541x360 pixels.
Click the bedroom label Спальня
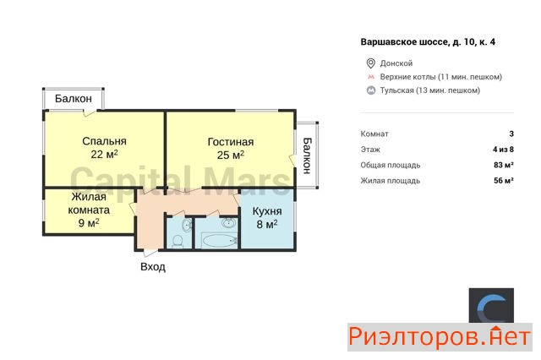click(x=104, y=141)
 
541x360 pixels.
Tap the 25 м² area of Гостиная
click(x=231, y=155)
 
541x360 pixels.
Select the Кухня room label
click(x=267, y=211)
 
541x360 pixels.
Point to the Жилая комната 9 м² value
click(x=89, y=223)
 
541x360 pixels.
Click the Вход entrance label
click(x=153, y=266)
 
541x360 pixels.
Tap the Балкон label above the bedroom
click(x=74, y=99)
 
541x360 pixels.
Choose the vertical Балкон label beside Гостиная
click(x=307, y=155)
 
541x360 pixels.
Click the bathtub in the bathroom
click(x=218, y=240)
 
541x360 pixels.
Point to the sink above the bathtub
click(x=228, y=223)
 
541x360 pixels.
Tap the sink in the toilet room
click(x=187, y=225)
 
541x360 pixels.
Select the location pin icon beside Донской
click(x=370, y=63)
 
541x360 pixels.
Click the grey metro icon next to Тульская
click(x=371, y=90)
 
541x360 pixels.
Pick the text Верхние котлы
click(x=407, y=77)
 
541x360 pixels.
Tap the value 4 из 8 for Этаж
click(x=503, y=150)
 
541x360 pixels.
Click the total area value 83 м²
click(x=504, y=165)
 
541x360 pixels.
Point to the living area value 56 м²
click(x=504, y=180)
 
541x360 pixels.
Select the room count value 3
click(x=511, y=134)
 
